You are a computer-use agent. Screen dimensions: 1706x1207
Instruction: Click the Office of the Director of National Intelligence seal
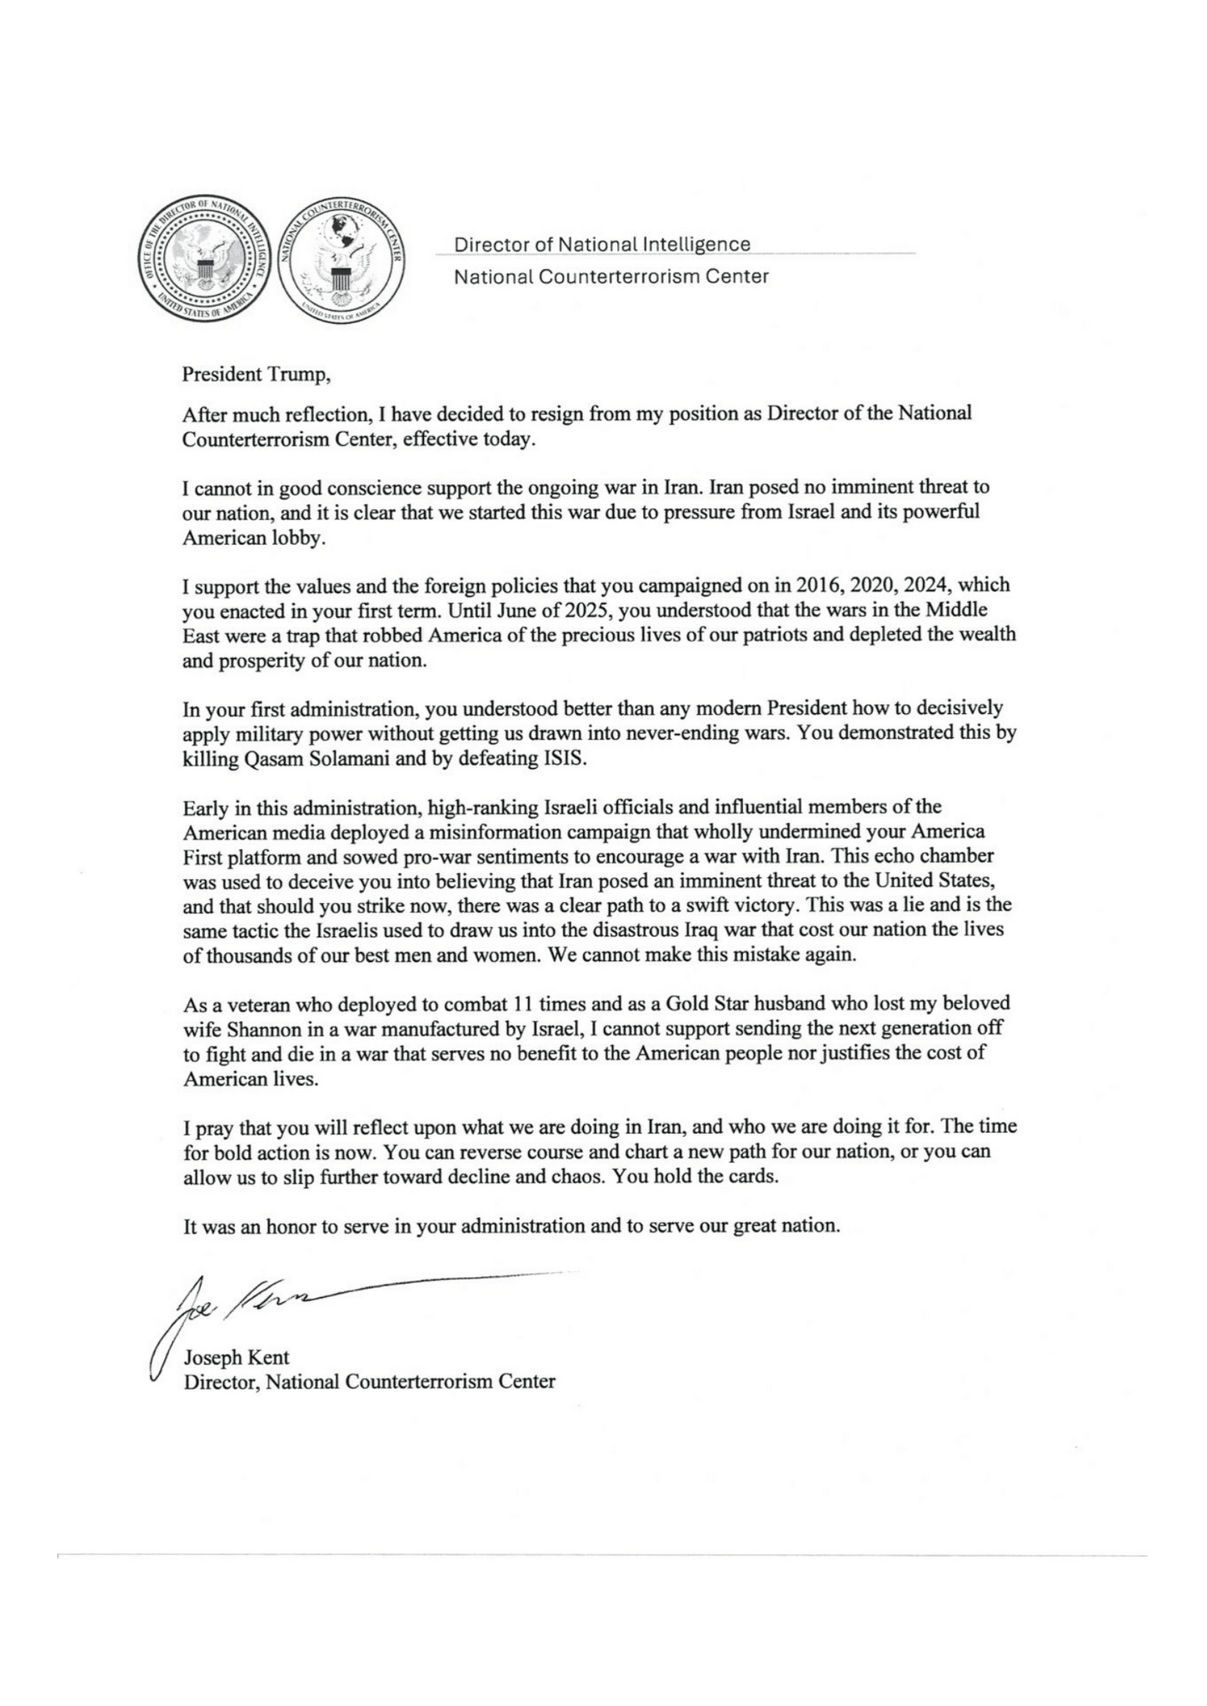click(x=202, y=265)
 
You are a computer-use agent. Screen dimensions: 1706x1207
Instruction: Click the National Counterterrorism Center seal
click(x=340, y=265)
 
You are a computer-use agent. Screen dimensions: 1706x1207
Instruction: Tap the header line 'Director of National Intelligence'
click(x=601, y=244)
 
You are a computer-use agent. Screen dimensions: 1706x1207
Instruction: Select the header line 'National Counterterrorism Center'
click(x=611, y=277)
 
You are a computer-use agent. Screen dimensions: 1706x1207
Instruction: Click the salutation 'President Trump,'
click(x=257, y=374)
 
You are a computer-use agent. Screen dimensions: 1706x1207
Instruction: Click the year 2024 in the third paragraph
click(x=922, y=585)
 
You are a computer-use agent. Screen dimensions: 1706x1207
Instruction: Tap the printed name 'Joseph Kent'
click(x=237, y=1357)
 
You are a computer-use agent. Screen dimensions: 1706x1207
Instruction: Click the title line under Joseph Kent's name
click(x=369, y=1381)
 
